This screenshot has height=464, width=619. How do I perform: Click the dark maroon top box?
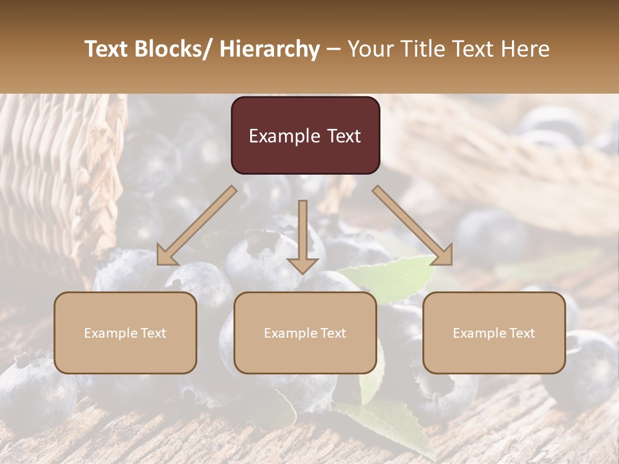(x=305, y=135)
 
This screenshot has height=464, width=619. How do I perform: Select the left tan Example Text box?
(x=125, y=333)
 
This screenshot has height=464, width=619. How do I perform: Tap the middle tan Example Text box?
(x=305, y=333)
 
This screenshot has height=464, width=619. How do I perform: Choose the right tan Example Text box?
(x=494, y=333)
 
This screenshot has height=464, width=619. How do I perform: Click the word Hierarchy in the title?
(x=270, y=49)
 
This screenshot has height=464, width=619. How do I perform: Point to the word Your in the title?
(x=369, y=49)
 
